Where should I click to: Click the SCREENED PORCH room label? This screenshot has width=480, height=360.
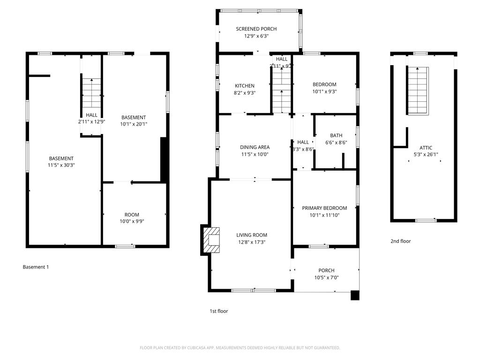tap(256, 29)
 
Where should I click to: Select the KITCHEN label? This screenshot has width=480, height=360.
tap(245, 86)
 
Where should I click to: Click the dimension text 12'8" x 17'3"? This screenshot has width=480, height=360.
tap(251, 242)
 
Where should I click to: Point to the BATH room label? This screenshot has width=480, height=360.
tap(336, 135)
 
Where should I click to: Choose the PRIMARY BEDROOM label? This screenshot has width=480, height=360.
tap(324, 208)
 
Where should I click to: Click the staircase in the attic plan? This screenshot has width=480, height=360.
tap(418, 90)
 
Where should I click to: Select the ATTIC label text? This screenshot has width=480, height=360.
tap(426, 148)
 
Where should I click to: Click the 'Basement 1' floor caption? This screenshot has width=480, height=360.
tap(36, 267)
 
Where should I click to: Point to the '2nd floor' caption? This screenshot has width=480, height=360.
tap(400, 241)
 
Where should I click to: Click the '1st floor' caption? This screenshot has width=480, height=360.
tap(218, 311)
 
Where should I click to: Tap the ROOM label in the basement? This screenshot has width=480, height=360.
tap(132, 215)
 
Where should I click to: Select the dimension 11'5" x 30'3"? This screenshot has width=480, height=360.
tap(61, 165)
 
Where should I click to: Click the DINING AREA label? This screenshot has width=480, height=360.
tap(255, 147)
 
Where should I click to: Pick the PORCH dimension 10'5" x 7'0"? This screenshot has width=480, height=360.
tap(326, 277)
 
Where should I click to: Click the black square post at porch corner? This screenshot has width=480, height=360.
tap(355, 295)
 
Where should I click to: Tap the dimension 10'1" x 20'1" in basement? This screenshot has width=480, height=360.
tap(134, 124)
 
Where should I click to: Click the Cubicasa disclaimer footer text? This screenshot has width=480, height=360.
tap(240, 348)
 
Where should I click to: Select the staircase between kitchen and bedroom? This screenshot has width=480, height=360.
tap(282, 89)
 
